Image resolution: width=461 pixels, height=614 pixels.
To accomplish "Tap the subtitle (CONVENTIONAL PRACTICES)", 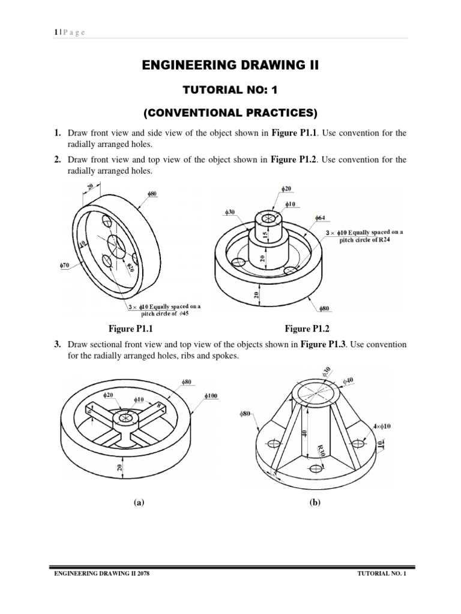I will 230,113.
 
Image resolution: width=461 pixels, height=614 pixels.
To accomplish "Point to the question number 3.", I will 58,345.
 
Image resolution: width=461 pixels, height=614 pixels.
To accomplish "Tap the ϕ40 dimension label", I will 348,380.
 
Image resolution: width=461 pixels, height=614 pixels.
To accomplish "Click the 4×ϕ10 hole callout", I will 381,426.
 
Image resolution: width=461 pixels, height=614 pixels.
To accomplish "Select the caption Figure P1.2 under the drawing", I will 307,329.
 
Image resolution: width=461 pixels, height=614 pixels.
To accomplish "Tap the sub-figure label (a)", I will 139,504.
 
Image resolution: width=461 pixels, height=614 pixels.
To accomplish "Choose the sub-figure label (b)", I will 315,504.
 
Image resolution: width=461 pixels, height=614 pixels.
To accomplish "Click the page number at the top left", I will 55,32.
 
